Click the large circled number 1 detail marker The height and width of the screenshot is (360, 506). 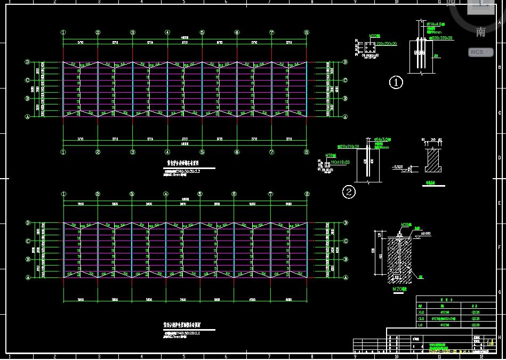click(x=396, y=82)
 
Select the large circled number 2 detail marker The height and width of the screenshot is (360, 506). click(x=348, y=192)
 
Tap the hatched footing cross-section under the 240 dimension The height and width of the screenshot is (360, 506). click(x=432, y=161)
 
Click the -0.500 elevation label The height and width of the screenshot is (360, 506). click(x=398, y=166)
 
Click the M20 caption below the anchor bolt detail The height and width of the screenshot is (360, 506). click(x=399, y=289)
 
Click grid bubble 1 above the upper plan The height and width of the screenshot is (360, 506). click(x=63, y=33)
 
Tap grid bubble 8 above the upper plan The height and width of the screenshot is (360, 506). click(x=307, y=33)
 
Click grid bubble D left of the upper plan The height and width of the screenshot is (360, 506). click(x=27, y=62)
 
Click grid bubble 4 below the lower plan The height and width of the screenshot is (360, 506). click(x=167, y=313)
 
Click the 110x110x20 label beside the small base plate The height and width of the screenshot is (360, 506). click(x=340, y=162)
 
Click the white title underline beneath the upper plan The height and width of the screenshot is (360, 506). click(x=189, y=168)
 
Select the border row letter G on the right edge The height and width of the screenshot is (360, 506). click(x=499, y=292)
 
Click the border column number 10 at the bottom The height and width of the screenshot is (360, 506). click(x=396, y=356)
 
